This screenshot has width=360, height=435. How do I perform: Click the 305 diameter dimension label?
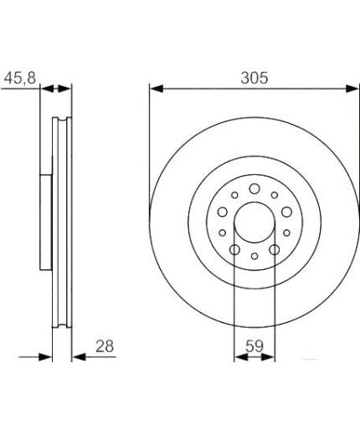click(255, 78)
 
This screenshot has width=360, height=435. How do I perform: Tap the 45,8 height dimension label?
click(20, 78)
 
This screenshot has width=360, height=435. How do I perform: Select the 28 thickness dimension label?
click(105, 346)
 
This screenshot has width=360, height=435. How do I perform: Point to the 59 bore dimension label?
click(255, 346)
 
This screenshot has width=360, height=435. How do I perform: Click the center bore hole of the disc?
click(255, 223)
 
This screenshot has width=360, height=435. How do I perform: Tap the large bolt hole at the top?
click(255, 189)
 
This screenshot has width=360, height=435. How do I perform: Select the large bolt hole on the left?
click(223, 212)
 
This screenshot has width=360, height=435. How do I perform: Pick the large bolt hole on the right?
click(286, 212)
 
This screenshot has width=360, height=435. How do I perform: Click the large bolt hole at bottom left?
click(234, 249)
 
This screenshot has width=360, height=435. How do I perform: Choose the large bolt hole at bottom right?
click(275, 249)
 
